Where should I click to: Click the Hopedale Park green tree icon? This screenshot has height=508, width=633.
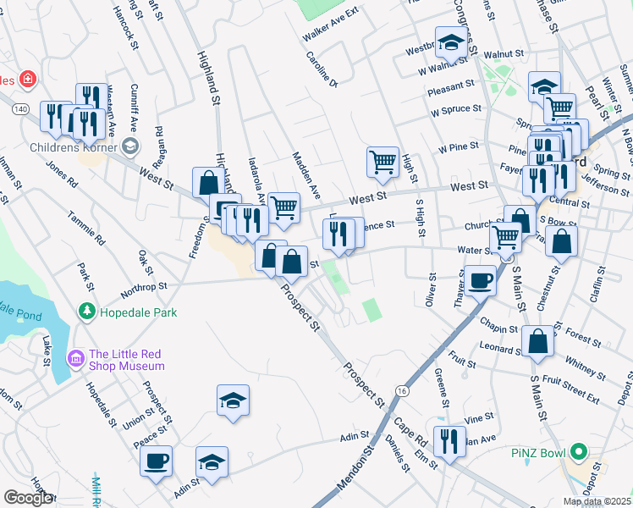point(85,312)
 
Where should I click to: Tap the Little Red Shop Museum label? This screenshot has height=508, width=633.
point(126,361)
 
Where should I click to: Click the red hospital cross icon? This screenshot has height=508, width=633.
point(28,80)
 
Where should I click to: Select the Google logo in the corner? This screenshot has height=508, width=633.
point(28,498)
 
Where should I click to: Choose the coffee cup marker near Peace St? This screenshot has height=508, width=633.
point(156,461)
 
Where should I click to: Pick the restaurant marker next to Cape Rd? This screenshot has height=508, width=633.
point(449,440)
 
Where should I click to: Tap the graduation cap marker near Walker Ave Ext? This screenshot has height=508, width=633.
point(452,41)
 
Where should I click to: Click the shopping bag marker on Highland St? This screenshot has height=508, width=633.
point(208,181)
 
